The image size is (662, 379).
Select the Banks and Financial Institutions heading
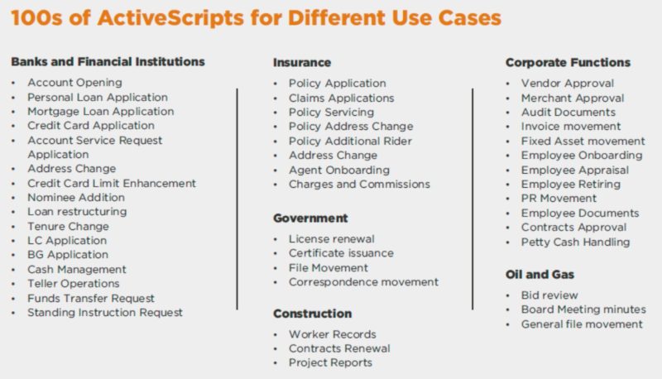tap(108, 61)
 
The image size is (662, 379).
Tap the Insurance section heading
tap(302, 62)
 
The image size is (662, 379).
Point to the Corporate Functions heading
tap(568, 62)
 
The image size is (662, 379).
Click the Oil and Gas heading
tap(540, 274)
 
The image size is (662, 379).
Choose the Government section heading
tap(310, 218)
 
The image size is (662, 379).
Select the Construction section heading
tap(313, 314)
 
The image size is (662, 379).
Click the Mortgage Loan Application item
tap(101, 111)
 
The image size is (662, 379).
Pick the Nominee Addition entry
tap(76, 197)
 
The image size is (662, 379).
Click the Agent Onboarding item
tap(338, 170)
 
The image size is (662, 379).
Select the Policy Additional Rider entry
tap(349, 141)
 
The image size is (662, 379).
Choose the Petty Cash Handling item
tap(575, 242)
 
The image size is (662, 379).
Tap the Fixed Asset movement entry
tap(583, 141)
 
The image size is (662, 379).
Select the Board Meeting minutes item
tap(583, 309)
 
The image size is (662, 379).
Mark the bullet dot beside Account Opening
tap(15, 83)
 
